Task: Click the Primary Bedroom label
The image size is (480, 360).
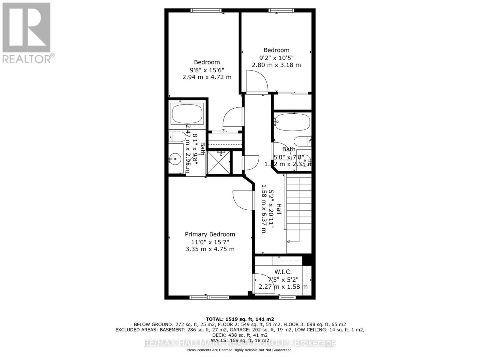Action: (x=210, y=234)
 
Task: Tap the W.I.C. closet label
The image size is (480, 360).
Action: (x=283, y=272)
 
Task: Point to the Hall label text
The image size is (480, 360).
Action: (x=279, y=209)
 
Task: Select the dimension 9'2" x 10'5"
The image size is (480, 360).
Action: (x=276, y=58)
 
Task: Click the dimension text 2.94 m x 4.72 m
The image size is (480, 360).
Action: (x=207, y=77)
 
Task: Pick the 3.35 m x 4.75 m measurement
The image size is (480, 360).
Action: (x=210, y=249)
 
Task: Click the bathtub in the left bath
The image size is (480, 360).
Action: (x=187, y=114)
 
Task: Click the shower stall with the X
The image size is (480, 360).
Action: (x=219, y=163)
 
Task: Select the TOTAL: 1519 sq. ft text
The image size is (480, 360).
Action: (x=240, y=319)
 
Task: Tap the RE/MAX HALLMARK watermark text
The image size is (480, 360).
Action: (x=240, y=343)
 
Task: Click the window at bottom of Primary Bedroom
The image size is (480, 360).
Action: (x=209, y=297)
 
